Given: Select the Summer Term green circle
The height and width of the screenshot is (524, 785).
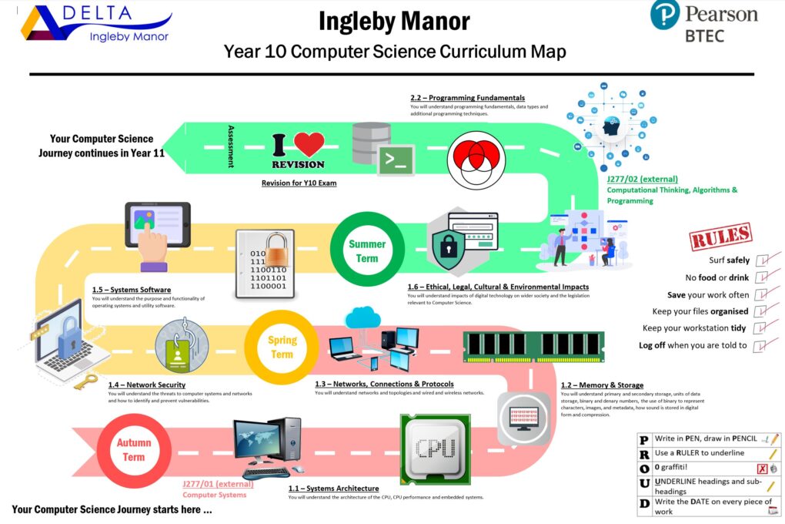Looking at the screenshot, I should [x=367, y=250].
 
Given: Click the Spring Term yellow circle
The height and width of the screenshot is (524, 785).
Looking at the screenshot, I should [x=282, y=348].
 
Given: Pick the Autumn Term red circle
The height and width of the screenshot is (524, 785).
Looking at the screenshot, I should [x=133, y=450].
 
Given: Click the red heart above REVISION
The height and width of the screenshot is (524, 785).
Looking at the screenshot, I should [x=309, y=144].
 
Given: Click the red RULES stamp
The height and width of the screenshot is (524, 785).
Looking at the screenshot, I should [x=720, y=236].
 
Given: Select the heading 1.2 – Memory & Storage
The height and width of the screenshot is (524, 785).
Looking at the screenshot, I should [x=602, y=385].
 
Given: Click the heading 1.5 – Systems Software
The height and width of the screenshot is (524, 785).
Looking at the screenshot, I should [x=131, y=290].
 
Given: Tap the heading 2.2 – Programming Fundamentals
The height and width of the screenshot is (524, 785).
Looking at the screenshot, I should [x=467, y=98].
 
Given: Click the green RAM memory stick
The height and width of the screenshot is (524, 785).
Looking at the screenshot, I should [x=533, y=347].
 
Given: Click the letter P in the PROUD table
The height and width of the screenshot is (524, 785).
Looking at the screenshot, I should [x=643, y=439].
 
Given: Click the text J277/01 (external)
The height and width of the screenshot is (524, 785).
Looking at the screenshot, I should [x=217, y=484].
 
